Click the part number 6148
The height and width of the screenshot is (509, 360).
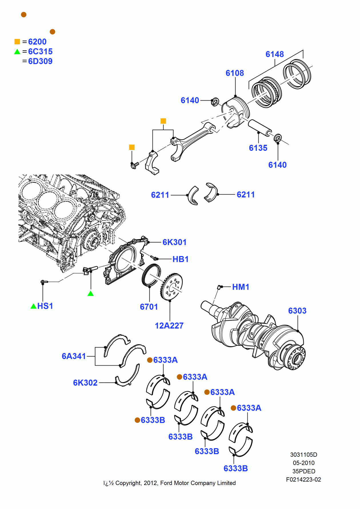tap(275, 54)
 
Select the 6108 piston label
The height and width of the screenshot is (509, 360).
tap(235, 73)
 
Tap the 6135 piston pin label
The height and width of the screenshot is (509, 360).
tap(258, 148)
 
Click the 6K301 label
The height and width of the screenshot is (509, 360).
tap(174, 242)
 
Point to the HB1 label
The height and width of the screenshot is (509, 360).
tap(181, 259)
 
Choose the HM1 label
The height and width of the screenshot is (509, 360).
tap(241, 287)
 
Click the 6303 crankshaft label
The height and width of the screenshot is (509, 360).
tap(297, 311)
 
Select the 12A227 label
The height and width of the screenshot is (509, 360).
tap(169, 326)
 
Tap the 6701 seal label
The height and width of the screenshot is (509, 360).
tap(149, 307)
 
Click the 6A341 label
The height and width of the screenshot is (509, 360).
tap(74, 356)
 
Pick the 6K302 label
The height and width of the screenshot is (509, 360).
tap(85, 383)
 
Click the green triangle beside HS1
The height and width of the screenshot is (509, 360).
tap(33, 306)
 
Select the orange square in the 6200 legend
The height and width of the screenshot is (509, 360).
tap(17, 42)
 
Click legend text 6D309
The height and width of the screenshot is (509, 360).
tap(40, 61)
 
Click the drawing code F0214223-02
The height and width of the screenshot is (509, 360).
tap(303, 480)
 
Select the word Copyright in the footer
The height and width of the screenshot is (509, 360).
tap(128, 483)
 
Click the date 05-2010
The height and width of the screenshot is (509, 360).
tap(303, 463)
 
